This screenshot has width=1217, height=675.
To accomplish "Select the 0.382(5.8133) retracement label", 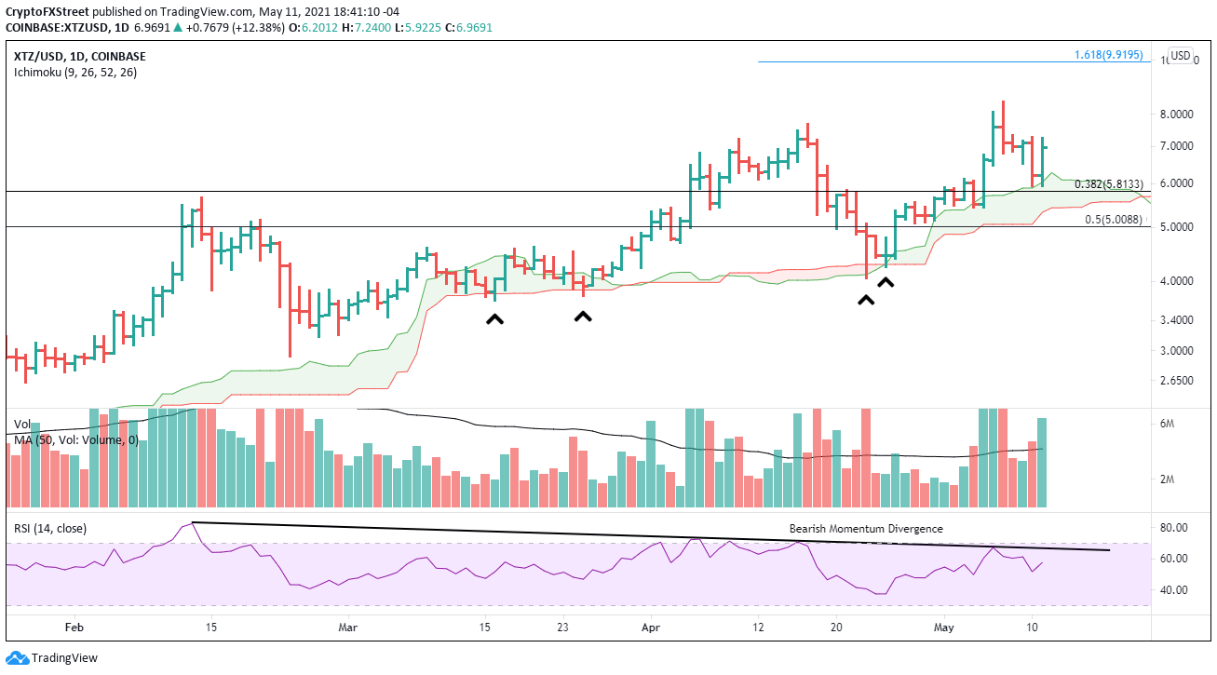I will pyautogui.click(x=1109, y=184).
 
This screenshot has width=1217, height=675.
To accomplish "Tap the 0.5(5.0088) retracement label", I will pyautogui.click(x=1113, y=220).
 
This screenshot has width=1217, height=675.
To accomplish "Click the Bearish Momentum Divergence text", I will pyautogui.click(x=866, y=529).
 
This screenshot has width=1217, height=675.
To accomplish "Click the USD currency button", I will pyautogui.click(x=1181, y=55).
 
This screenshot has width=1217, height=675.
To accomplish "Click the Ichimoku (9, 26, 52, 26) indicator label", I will pyautogui.click(x=75, y=73).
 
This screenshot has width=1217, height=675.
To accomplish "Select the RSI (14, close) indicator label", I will pyautogui.click(x=50, y=529).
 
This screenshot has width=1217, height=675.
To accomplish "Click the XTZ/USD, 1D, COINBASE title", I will pyautogui.click(x=80, y=56).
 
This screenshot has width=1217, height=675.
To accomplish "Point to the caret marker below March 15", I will pyautogui.click(x=494, y=319).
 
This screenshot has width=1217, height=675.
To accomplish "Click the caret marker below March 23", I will pyautogui.click(x=583, y=317).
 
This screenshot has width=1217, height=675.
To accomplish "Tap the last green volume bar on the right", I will pyautogui.click(x=1042, y=463).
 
